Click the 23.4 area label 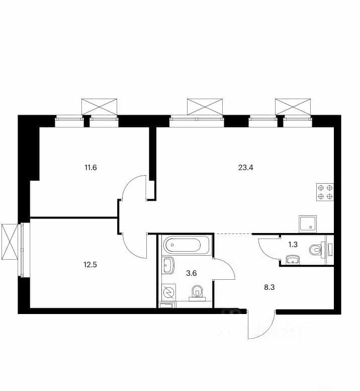[246, 168]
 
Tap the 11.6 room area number [91, 168]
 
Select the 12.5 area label [90, 265]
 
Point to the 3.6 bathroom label [192, 273]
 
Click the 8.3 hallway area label [269, 287]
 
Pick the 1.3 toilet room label [293, 245]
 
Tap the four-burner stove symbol [325, 192]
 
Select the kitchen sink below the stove [308, 224]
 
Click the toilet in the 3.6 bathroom [197, 293]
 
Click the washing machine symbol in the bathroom [169, 292]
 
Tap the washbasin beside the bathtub [168, 265]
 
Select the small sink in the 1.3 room [293, 260]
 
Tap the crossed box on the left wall [10, 242]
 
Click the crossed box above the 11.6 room [100, 107]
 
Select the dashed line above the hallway [233, 233]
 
